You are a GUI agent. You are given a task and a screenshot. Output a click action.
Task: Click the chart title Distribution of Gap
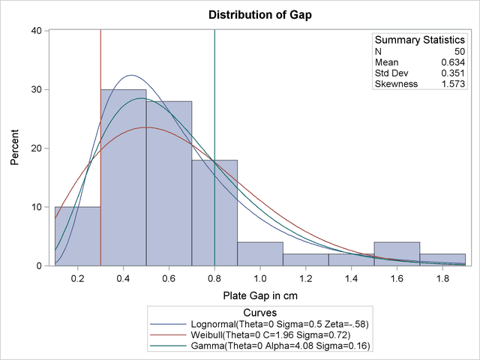click(x=260, y=15)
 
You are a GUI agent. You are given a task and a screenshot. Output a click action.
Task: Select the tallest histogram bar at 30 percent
click(x=124, y=187)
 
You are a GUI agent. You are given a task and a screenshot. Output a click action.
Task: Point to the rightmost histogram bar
click(x=442, y=259)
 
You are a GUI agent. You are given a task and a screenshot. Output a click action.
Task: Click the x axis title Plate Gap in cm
click(x=260, y=295)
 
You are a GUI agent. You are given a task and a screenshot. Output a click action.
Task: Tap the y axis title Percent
click(x=15, y=148)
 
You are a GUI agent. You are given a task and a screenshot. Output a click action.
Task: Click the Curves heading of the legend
click(x=260, y=310)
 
